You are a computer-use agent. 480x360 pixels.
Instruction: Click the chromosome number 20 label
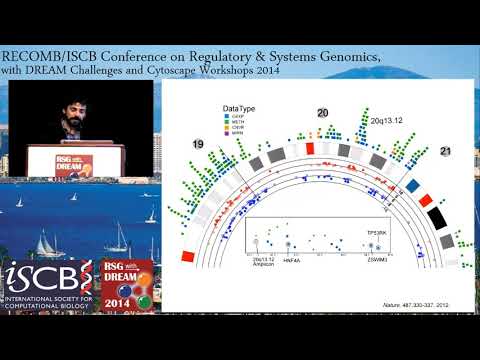(x=322, y=113)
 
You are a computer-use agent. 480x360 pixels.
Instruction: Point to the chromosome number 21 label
(x=446, y=150)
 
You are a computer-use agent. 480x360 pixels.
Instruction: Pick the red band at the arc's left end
(x=188, y=257)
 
